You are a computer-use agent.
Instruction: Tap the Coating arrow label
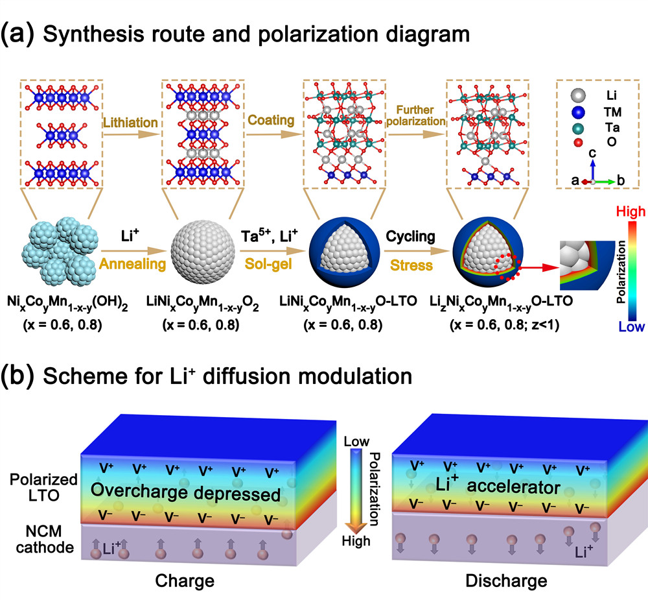271,120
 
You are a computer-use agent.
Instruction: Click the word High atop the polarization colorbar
625,211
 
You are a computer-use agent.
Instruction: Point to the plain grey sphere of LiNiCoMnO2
202,257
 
